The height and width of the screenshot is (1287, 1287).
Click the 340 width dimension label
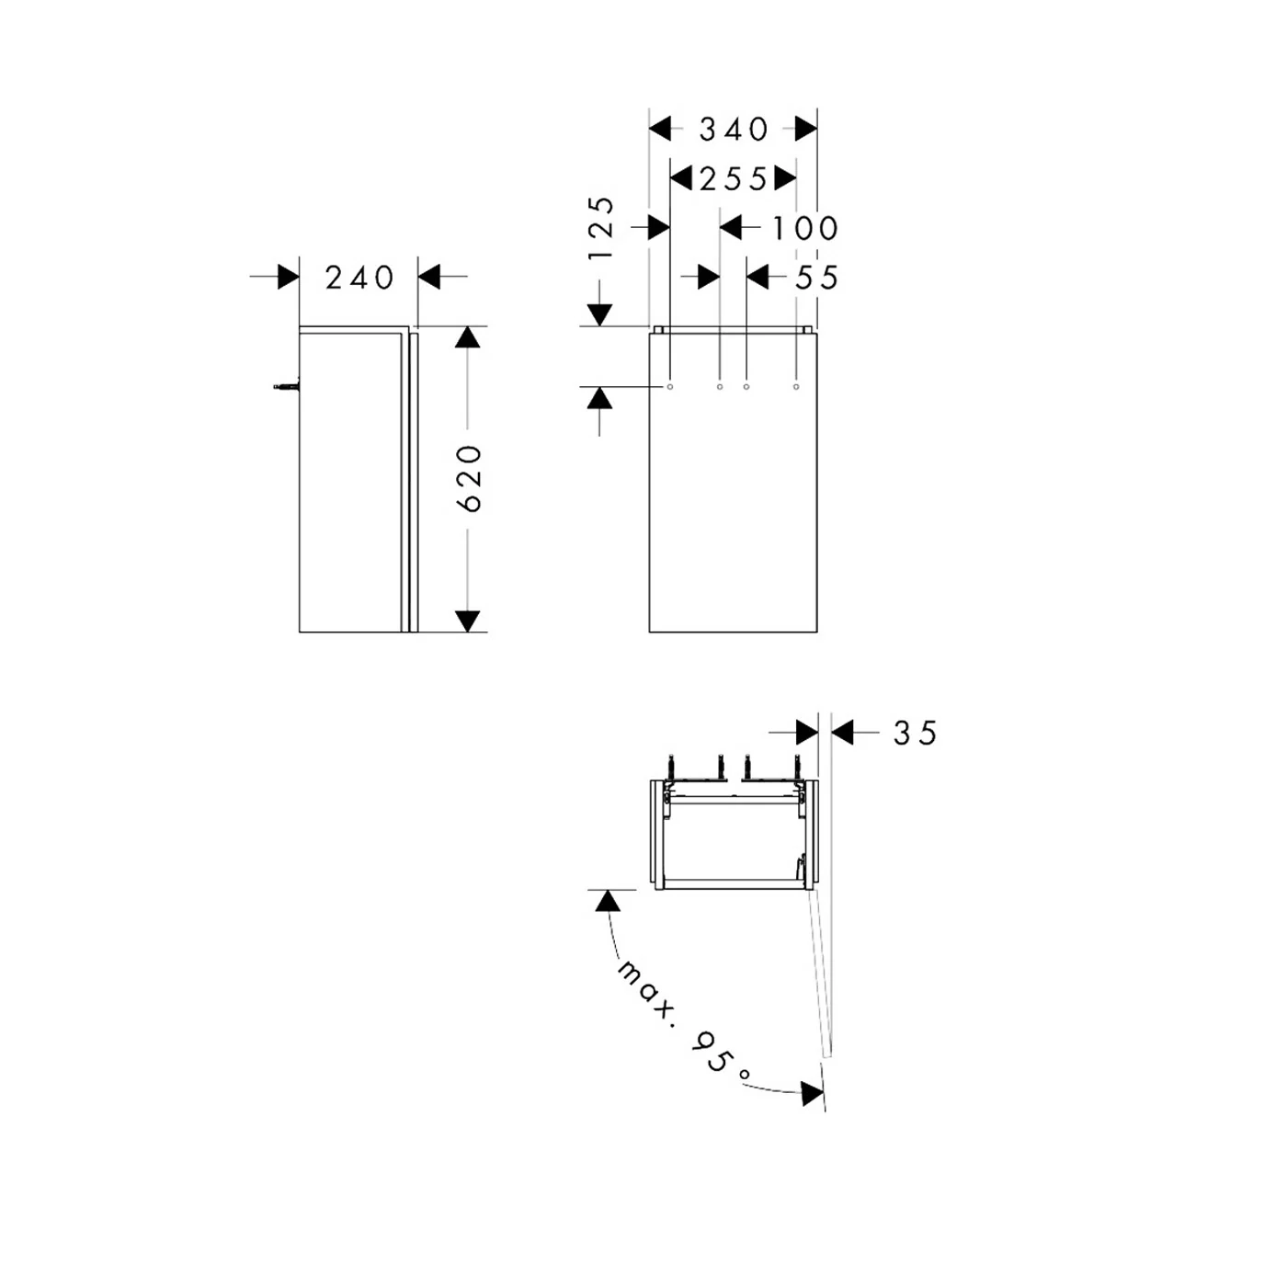coord(734,130)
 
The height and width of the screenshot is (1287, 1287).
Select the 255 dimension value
coord(733,179)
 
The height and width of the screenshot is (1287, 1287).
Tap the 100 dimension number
coord(804,228)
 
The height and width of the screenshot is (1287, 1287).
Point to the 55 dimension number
coord(816,278)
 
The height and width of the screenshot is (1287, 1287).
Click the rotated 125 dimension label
coord(602,228)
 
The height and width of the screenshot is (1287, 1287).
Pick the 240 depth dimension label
coord(359,278)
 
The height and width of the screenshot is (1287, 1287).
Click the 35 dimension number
coord(915,734)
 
